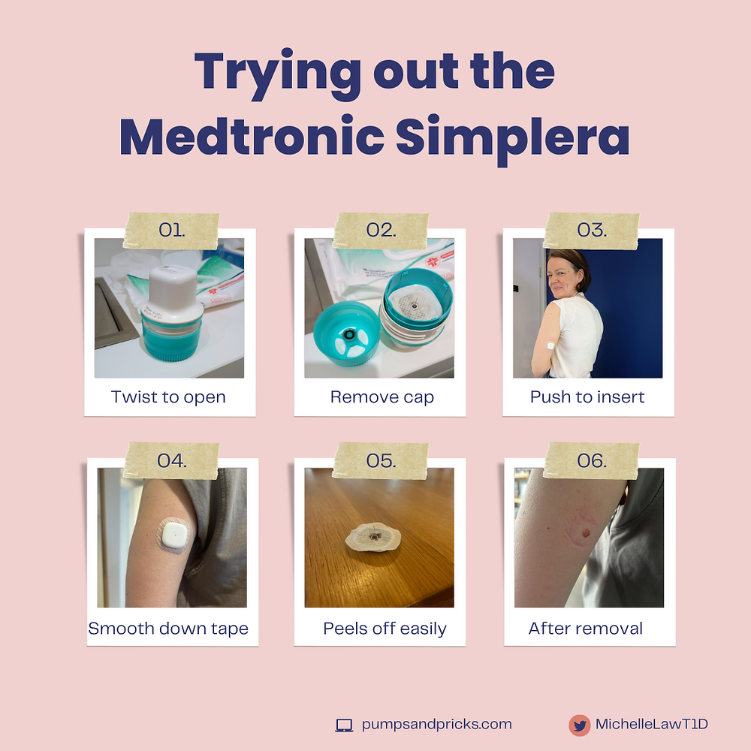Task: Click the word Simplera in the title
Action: point(513,138)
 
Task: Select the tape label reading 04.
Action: point(171,460)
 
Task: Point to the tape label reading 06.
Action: point(591,460)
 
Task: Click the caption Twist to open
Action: point(168,397)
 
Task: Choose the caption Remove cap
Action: point(382,397)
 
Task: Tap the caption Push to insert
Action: point(587,397)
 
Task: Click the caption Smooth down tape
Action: point(168,628)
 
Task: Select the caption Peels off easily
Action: point(385,628)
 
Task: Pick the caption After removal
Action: point(586,628)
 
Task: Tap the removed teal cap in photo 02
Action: point(348,333)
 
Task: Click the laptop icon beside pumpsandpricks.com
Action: point(344,725)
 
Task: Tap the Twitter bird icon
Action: point(579,725)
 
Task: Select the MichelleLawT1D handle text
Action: point(652,725)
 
